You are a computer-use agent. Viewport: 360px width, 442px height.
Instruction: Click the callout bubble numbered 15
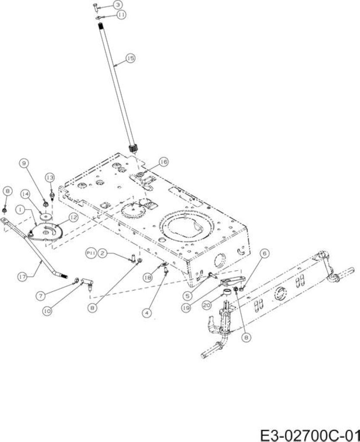[x=130, y=58]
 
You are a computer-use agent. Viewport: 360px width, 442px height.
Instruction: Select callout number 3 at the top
[x=118, y=5]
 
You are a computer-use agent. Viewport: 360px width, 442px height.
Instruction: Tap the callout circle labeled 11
[x=121, y=15]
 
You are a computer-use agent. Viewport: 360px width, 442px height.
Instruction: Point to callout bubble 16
[x=164, y=162]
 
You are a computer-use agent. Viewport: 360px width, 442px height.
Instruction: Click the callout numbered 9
[x=25, y=163]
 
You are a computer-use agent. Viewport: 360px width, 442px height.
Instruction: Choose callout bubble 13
[x=50, y=177]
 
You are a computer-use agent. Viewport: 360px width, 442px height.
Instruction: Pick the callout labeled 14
[x=25, y=194]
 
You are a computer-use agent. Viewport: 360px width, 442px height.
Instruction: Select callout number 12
[x=73, y=218]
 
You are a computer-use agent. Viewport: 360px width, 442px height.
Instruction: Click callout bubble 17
[x=22, y=277]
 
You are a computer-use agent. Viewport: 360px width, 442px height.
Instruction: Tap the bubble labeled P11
[x=90, y=253]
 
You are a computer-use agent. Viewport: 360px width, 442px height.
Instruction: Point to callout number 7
[x=41, y=296]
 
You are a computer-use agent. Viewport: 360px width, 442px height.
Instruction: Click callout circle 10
[x=47, y=311]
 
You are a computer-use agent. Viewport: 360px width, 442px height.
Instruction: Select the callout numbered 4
[x=147, y=313]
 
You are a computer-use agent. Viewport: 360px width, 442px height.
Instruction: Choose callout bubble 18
[x=148, y=278]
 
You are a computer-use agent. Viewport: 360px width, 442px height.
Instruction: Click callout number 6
[x=265, y=254]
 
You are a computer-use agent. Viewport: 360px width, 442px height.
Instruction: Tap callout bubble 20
[x=207, y=305]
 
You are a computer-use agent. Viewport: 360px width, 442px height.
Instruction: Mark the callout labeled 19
[x=186, y=308]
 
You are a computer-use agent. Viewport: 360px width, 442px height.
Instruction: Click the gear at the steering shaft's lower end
[x=133, y=148]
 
